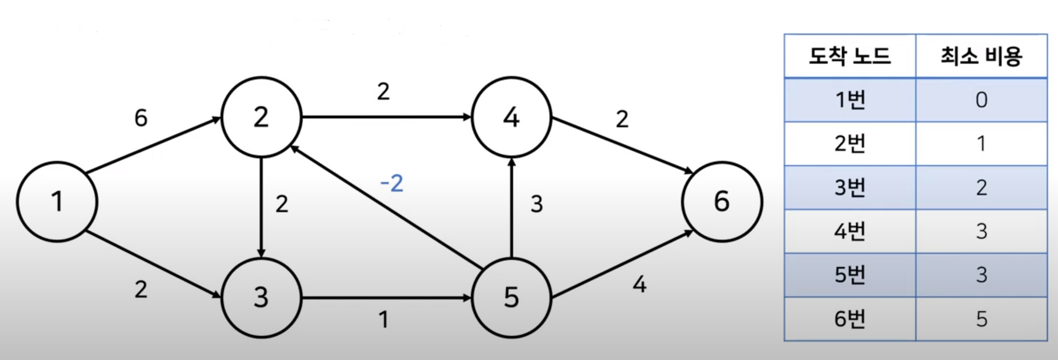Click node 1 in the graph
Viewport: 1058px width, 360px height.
57,202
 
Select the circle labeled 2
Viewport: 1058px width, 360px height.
261,117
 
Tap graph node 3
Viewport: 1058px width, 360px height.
261,298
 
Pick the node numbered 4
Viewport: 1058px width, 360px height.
511,117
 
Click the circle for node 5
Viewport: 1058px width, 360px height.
511,298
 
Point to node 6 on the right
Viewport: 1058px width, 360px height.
722,202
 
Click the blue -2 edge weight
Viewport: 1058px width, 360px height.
392,183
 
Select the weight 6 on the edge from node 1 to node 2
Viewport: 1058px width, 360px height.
141,118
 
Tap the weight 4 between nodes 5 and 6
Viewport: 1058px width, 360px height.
639,285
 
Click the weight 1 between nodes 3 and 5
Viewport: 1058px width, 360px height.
383,320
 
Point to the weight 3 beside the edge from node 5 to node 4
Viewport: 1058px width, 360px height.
536,204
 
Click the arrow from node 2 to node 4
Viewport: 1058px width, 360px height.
386,117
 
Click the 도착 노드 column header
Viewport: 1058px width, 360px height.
849,56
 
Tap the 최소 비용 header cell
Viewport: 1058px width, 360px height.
981,56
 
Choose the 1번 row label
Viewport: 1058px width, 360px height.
849,100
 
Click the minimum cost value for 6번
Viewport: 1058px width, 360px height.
981,319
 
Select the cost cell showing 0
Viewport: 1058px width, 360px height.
981,100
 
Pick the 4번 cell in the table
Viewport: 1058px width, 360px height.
849,231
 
